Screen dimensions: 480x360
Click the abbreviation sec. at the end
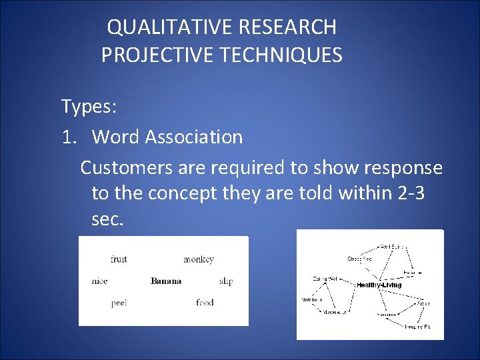click(x=107, y=219)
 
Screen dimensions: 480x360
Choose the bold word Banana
click(x=166, y=281)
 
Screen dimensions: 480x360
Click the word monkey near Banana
click(x=199, y=259)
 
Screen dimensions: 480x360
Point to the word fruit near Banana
click(x=119, y=259)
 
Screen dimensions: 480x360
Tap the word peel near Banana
click(x=119, y=303)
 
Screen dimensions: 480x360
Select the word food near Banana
click(x=205, y=303)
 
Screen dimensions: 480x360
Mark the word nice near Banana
click(x=99, y=281)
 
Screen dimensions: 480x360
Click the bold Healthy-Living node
click(x=379, y=285)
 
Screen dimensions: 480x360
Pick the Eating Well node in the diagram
click(x=325, y=278)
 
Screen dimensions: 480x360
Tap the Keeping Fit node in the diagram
click(x=417, y=327)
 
